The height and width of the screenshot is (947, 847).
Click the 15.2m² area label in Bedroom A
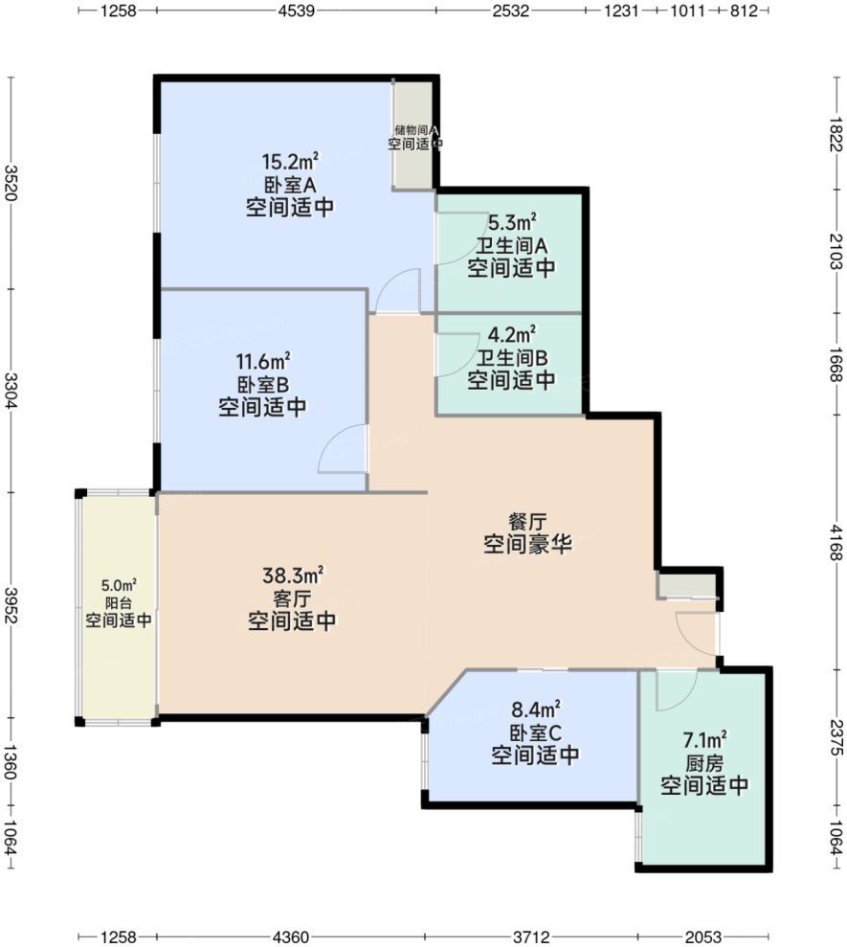tap(290, 161)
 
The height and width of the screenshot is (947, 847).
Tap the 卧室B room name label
tap(262, 385)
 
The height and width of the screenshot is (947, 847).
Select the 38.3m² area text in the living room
tap(292, 575)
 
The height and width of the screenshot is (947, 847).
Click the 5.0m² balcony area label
tap(119, 586)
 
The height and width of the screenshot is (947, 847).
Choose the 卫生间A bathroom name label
tap(511, 244)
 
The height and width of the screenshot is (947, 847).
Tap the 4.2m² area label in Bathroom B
tap(511, 335)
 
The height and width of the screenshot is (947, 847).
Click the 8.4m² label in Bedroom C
tap(535, 710)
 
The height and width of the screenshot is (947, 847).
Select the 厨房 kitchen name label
tap(704, 763)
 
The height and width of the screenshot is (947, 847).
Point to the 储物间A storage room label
tap(415, 129)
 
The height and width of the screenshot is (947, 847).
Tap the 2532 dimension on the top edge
tap(510, 11)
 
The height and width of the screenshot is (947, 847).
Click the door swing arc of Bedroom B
tap(340, 448)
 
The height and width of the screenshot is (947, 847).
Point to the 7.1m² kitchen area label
tap(704, 739)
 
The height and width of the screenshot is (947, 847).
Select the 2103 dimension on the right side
tap(836, 252)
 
